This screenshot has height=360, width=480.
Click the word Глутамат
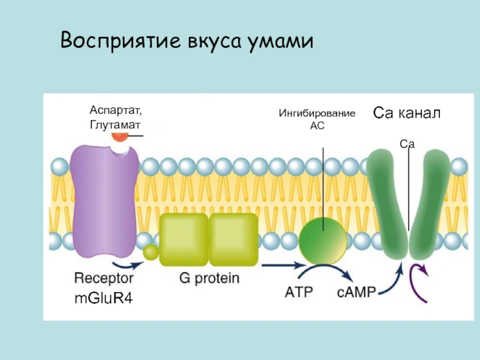(115, 124)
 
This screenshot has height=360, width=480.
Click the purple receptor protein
(106, 198)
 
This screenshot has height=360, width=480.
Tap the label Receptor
(104, 278)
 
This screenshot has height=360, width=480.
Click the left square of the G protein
(183, 239)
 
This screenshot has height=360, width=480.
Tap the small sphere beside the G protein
(149, 253)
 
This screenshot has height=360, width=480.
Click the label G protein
(209, 278)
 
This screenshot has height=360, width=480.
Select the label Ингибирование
(317, 113)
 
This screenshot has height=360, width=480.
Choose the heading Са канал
(407, 112)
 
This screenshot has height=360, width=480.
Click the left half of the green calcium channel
(386, 204)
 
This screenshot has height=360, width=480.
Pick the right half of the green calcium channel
(433, 204)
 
